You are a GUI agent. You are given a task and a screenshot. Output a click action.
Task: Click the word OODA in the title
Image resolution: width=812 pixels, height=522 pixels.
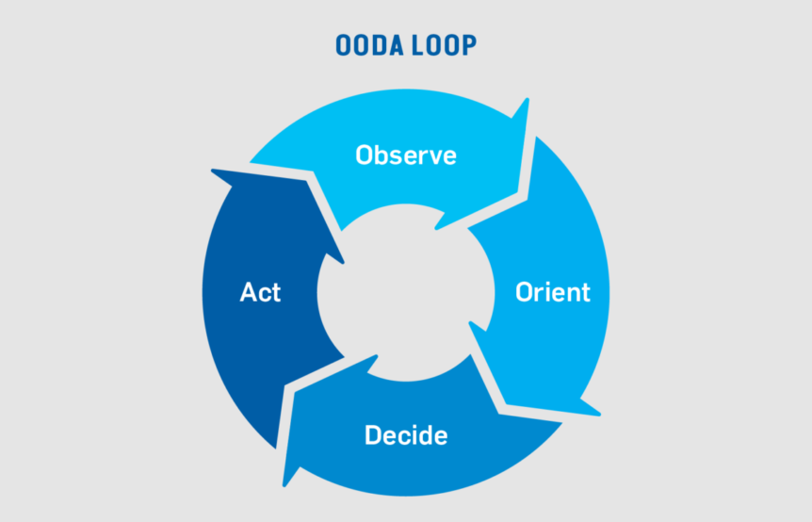(x=369, y=45)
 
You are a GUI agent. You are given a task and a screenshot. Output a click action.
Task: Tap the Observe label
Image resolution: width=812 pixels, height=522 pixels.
(x=406, y=155)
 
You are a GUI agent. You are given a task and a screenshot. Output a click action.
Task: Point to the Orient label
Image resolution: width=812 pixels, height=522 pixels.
(x=553, y=292)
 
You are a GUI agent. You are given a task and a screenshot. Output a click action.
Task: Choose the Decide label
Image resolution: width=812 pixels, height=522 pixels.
(x=406, y=435)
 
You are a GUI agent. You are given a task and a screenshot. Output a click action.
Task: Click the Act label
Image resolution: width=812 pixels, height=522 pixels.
(x=260, y=292)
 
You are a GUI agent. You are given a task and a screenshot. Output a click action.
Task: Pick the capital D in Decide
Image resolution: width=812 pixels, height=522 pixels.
(x=373, y=435)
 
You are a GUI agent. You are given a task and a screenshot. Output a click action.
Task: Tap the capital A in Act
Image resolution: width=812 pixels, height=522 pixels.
(x=249, y=292)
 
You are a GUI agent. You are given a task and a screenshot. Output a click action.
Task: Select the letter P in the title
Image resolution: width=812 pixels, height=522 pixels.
(x=469, y=45)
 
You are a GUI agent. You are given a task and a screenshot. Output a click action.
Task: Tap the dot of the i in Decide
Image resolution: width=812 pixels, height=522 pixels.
(x=420, y=426)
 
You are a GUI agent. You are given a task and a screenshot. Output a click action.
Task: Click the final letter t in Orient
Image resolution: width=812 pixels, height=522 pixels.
(x=585, y=293)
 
